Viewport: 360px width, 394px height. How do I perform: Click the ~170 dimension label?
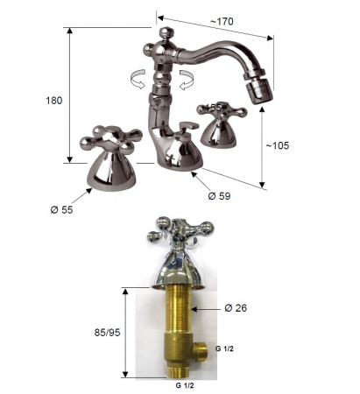(222, 21)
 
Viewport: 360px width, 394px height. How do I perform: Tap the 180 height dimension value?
(54, 101)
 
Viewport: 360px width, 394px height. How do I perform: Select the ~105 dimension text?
(278, 145)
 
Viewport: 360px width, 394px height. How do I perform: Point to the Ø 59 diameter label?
(219, 196)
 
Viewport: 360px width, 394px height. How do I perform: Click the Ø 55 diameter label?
(61, 209)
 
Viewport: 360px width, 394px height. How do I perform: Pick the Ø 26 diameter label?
(236, 308)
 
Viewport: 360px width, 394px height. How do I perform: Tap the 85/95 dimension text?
(107, 333)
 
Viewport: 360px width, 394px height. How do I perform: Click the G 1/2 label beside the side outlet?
(224, 348)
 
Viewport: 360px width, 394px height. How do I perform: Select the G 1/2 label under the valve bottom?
(185, 385)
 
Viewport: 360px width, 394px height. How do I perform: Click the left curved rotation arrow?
(138, 79)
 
